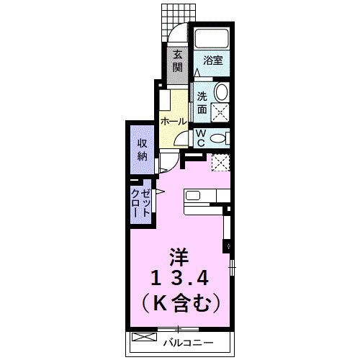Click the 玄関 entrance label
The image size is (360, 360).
point(176,63)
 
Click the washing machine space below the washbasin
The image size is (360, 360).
point(220,111)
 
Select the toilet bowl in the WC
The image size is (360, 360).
point(219,136)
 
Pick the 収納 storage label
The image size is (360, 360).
point(142,149)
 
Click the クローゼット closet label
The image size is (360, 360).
point(141,204)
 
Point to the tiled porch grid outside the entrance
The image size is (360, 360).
point(173,13)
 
